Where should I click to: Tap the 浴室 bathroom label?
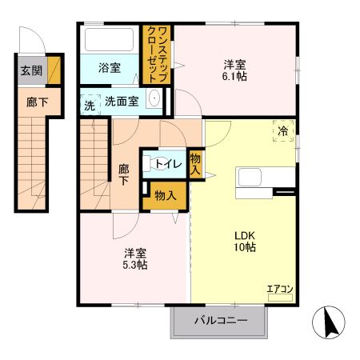[110, 68]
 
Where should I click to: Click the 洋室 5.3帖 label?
[134, 258]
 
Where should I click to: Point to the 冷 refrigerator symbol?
[284, 130]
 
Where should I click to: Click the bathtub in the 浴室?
[110, 40]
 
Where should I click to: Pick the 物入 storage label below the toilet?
[166, 196]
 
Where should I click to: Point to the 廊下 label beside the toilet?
[124, 174]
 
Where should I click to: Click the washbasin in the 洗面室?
[156, 102]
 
